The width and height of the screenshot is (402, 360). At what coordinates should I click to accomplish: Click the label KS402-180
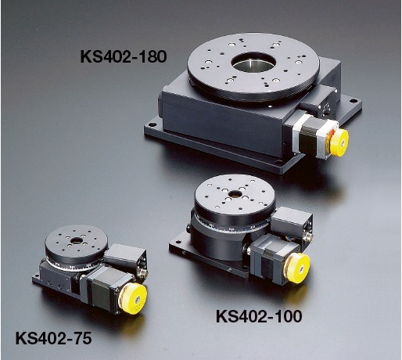point(124,56)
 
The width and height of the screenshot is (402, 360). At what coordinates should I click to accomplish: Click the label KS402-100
point(259,316)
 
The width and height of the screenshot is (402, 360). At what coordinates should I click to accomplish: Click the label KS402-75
point(54,338)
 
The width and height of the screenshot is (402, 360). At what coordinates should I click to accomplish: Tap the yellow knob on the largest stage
point(339,142)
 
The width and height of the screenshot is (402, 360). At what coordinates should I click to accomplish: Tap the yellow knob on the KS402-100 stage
point(299,268)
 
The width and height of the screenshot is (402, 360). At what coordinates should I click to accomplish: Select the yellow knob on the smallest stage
point(134,299)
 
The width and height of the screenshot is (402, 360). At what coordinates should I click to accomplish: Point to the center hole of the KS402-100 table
point(235,193)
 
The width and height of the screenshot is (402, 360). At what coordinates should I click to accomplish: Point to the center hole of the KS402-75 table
point(77,240)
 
